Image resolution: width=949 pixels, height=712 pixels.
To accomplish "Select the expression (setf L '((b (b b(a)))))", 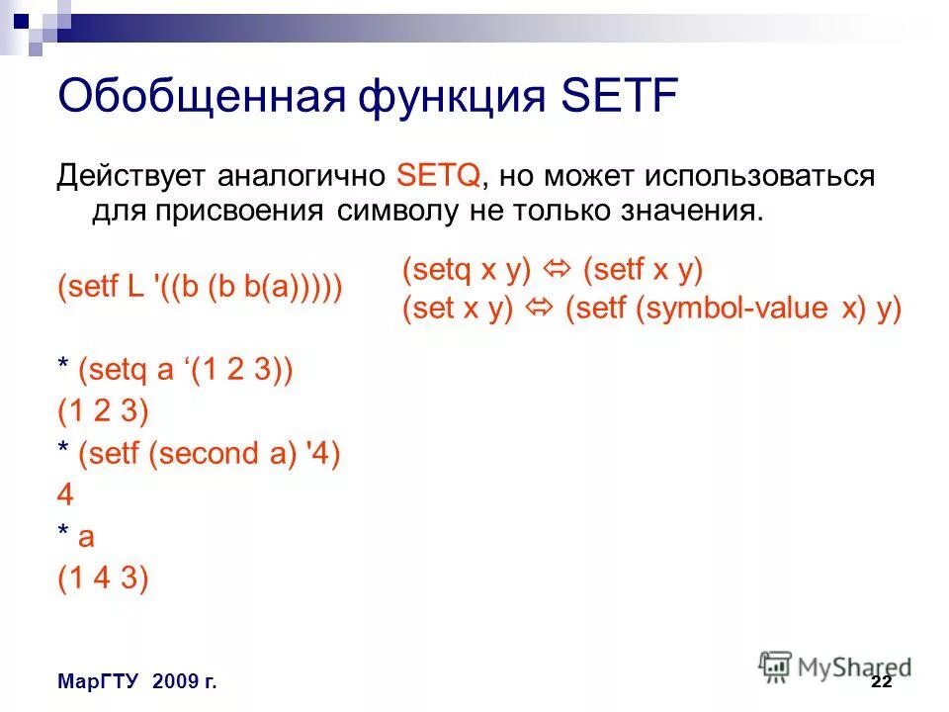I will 201,288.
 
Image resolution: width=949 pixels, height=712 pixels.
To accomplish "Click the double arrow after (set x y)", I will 540,309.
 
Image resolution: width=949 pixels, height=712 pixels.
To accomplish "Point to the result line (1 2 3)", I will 103,411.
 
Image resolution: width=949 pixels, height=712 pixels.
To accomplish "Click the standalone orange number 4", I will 66,495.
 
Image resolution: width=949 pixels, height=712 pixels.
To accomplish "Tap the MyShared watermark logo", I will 835,666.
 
